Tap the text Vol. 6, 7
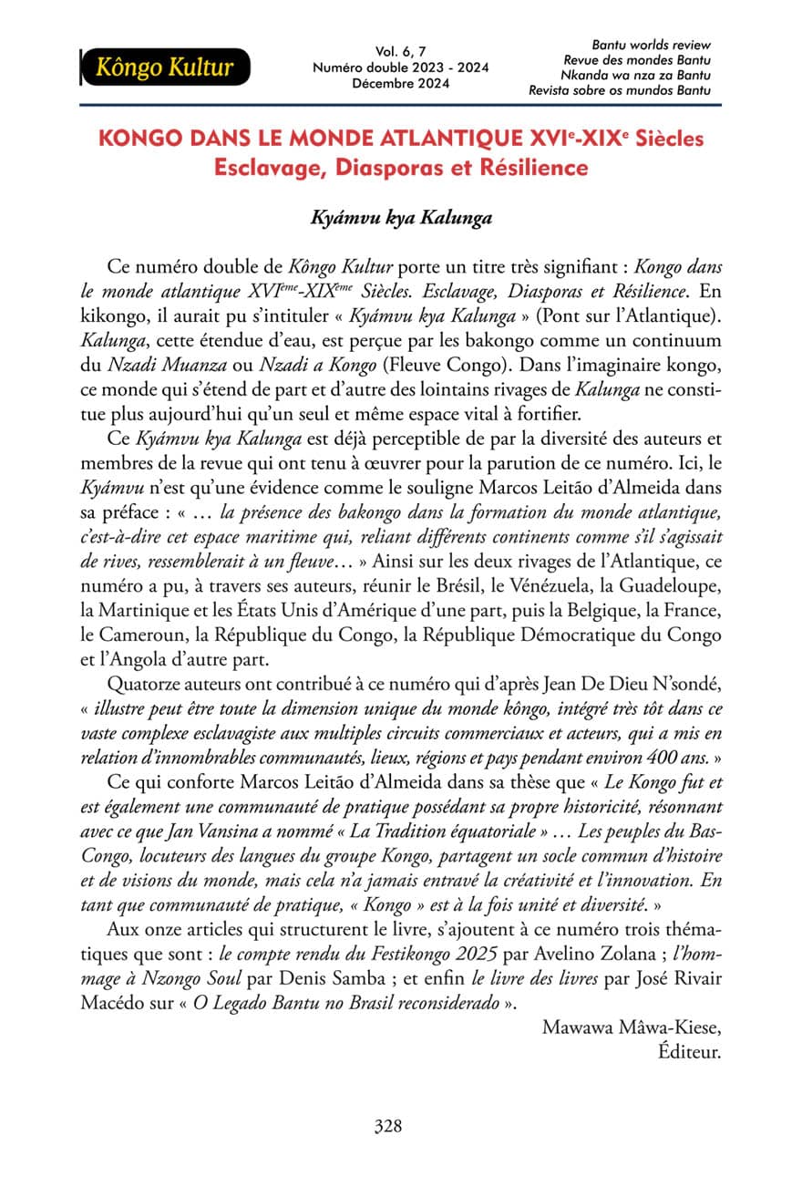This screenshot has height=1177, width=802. click(399, 52)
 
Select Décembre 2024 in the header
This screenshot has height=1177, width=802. click(399, 84)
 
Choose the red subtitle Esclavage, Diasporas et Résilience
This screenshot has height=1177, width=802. click(400, 169)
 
